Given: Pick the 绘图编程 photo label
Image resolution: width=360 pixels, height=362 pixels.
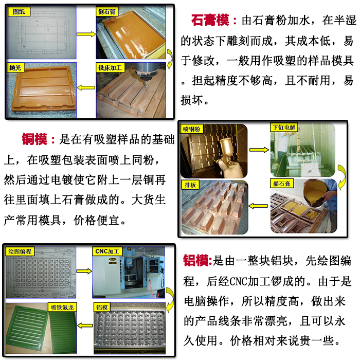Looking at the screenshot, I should (x=20, y=251).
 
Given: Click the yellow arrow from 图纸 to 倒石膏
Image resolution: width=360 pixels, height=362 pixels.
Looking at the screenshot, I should (x=86, y=34).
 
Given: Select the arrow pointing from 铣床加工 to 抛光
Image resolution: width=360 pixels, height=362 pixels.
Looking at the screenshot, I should (x=86, y=88).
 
